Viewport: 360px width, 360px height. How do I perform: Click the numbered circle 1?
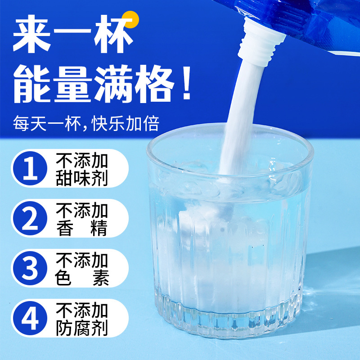pos(31,168)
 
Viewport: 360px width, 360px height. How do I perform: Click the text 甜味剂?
pos(82,178)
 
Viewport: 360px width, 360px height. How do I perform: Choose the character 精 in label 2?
pos(99,228)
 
